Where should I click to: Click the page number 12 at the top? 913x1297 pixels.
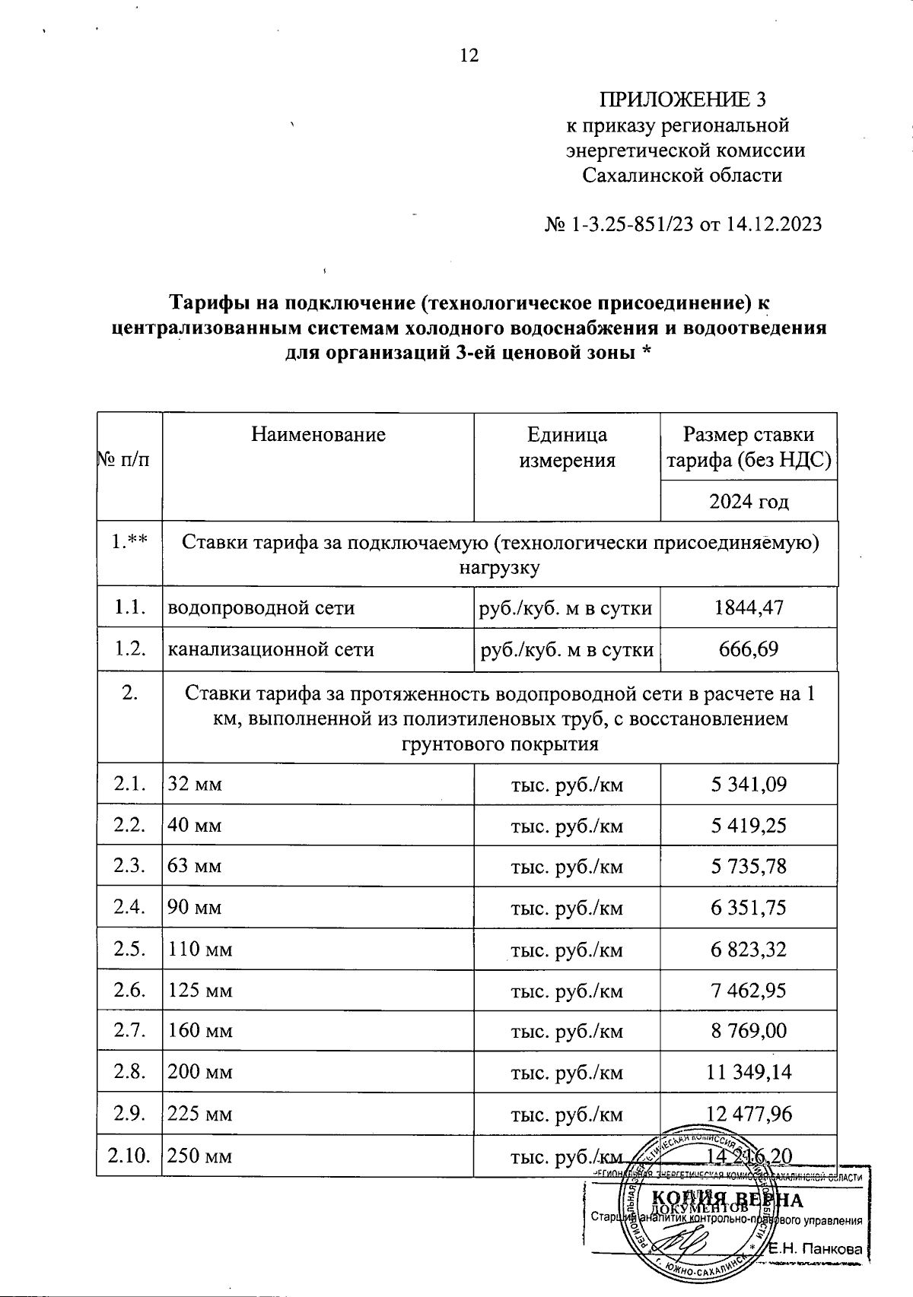469,55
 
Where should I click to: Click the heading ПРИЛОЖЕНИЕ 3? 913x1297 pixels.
682,100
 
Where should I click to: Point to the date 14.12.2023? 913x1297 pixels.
774,224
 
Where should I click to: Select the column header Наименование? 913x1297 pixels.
318,435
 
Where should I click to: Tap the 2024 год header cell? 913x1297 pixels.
749,502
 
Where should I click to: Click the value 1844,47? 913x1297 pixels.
749,607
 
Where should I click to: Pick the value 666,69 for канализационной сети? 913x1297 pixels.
749,649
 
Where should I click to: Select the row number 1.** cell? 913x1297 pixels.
129,544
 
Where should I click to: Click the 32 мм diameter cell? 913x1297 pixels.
196,784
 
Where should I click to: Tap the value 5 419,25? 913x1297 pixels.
749,825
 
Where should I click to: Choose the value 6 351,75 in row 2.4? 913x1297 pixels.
749,908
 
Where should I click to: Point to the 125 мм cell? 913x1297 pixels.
200,990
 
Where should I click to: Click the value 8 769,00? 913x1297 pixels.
749,1031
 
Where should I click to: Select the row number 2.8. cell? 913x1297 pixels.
129,1072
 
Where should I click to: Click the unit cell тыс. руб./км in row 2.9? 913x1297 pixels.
567,1114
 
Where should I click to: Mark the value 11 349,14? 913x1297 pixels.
749,1072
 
